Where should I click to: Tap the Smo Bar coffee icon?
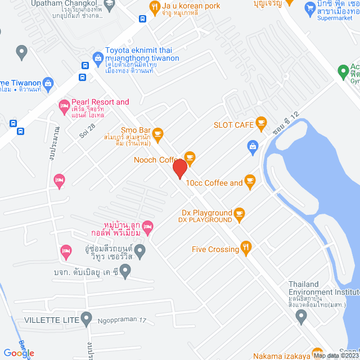click(x=158, y=133)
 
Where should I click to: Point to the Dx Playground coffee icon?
click(x=240, y=213)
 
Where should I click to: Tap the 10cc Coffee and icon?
click(x=250, y=181)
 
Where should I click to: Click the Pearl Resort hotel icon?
click(x=64, y=105)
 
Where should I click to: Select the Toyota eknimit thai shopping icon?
click(x=98, y=57)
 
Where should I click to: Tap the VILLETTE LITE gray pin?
click(x=86, y=319)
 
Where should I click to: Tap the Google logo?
click(x=19, y=353)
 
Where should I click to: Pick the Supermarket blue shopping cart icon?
click(x=309, y=8)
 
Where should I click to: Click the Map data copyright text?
click(x=335, y=355)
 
